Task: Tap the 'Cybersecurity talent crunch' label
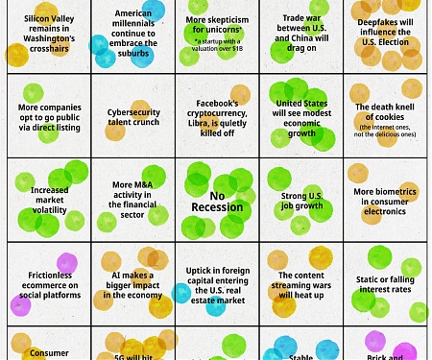pos(133,116)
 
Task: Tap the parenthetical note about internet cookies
pos(384,131)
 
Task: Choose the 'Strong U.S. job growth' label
pos(301,201)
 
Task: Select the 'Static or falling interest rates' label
pos(384,284)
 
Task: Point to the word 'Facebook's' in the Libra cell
pos(217,103)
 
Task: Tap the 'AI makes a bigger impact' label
pos(133,284)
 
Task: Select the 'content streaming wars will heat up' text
pos(301,284)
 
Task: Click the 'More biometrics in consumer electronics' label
pos(384,200)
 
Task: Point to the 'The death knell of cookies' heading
pos(384,113)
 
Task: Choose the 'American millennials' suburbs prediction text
pos(133,30)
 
